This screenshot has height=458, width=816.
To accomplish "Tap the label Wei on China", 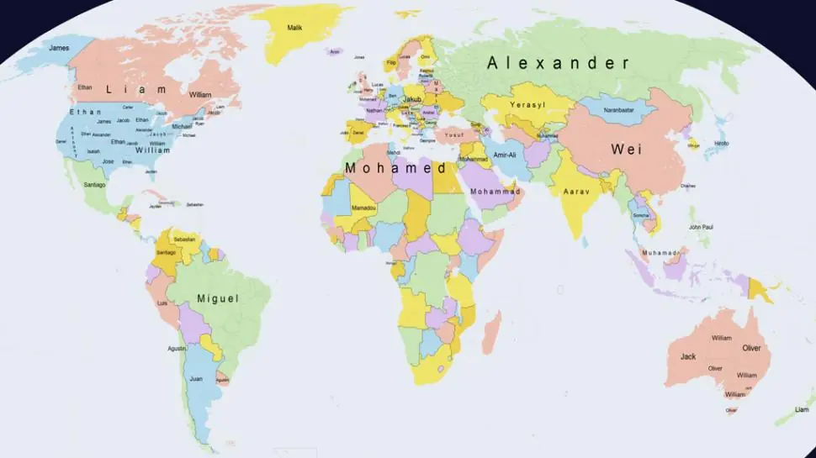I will (627, 149).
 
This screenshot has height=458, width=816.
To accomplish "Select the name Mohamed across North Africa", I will (395, 168).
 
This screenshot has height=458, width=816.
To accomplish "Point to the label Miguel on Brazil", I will (218, 298).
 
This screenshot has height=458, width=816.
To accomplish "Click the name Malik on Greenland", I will (294, 28).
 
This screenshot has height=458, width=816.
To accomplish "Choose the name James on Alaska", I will (59, 48).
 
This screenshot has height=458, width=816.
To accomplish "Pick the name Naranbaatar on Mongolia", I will (618, 110).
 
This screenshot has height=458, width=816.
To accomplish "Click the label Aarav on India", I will (575, 191).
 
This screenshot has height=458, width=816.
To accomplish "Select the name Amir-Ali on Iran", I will (505, 155).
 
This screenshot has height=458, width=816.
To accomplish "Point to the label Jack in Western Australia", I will (688, 356).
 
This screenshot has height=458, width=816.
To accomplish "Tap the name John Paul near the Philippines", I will (701, 227).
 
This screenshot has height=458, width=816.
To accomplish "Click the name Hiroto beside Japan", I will (722, 144).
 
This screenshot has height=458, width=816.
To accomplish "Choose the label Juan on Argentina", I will (196, 379).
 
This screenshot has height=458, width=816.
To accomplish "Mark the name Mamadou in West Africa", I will (363, 208).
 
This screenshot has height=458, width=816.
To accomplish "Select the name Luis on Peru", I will (162, 303).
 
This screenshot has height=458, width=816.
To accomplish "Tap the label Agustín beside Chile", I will (176, 348).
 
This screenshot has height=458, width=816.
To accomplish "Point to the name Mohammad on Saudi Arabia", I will (495, 192).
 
